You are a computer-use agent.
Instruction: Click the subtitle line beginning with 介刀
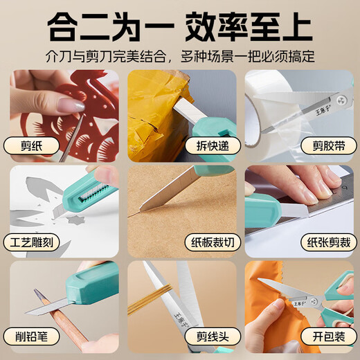[x=180, y=55]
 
